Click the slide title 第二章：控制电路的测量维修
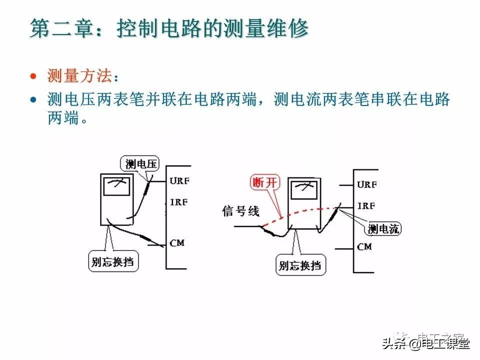click(169, 28)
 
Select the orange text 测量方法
click(79, 76)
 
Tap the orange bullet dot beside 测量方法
click(33, 76)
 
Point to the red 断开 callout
click(264, 182)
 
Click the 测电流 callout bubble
click(384, 229)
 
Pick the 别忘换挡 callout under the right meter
click(300, 264)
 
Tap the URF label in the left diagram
click(179, 181)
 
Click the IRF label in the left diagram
click(179, 202)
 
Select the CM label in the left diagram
click(177, 243)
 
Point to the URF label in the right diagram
click(367, 184)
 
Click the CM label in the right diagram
click(364, 246)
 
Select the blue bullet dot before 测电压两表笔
click(33, 99)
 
